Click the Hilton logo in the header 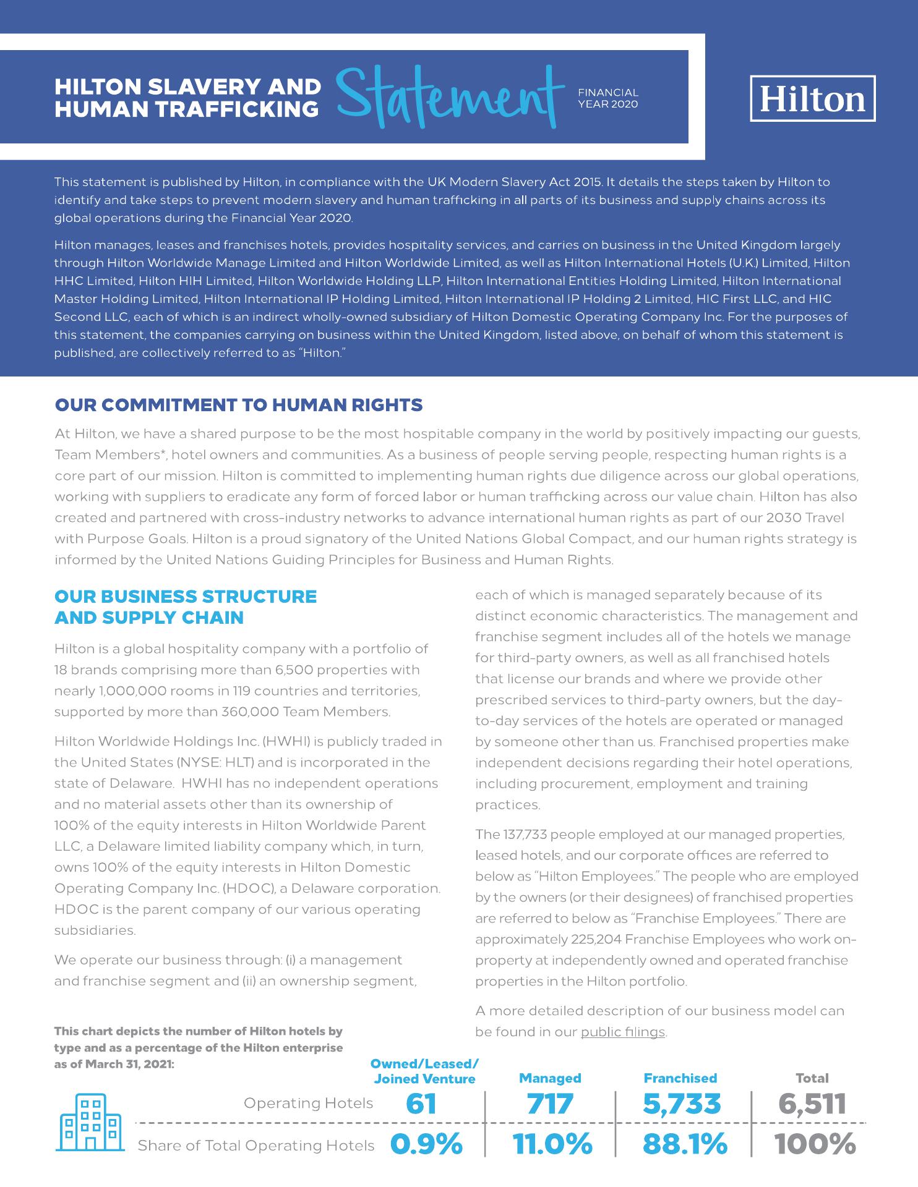[x=812, y=98]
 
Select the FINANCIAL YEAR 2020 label [x=607, y=98]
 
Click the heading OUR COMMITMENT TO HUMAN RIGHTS [x=239, y=405]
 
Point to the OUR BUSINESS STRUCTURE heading [x=186, y=597]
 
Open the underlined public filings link [x=623, y=1032]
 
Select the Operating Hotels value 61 [x=421, y=1104]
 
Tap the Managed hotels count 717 [x=550, y=1104]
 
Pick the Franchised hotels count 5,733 [x=682, y=1104]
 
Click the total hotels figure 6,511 [x=812, y=1104]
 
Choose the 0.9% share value [x=427, y=1144]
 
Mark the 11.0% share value [x=552, y=1144]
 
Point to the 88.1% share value [x=685, y=1144]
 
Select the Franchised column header [x=680, y=1078]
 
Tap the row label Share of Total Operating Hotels [x=256, y=1146]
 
